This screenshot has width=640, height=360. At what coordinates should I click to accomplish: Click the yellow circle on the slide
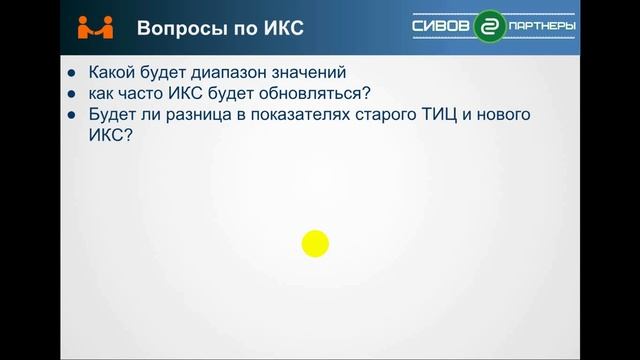coord(315,243)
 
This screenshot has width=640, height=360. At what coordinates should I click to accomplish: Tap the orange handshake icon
coord(96,26)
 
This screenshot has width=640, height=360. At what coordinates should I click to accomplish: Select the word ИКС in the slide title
coord(280,28)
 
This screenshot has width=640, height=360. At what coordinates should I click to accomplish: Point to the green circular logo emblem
coord(490,26)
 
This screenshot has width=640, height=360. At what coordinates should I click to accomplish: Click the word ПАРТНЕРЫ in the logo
coord(541,25)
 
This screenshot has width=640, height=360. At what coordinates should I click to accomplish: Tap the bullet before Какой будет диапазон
coord(71,73)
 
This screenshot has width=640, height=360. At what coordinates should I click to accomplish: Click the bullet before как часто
coord(71,94)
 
